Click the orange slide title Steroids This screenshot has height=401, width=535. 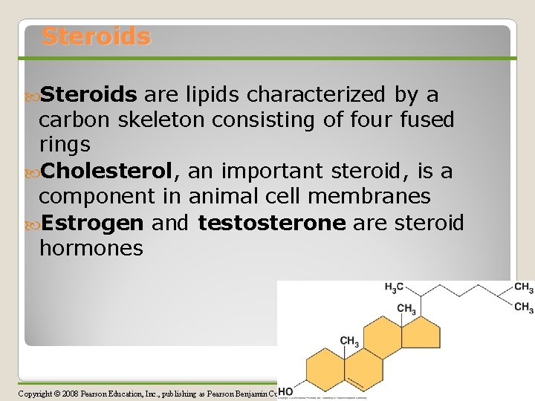[x=96, y=36]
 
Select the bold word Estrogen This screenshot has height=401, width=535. [x=91, y=223]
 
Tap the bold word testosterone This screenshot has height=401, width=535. [x=272, y=223]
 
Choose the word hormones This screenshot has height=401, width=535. [x=91, y=248]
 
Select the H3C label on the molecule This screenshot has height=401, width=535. [x=394, y=287]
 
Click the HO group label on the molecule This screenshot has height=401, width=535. [x=284, y=392]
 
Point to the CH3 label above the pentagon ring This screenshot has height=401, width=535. [x=406, y=308]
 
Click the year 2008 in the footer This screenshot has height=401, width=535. [x=74, y=393]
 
